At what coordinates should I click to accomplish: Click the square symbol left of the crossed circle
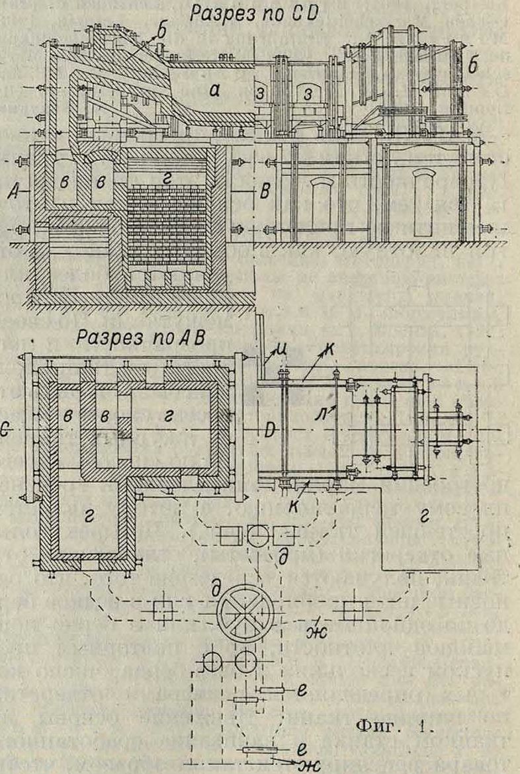163,611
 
